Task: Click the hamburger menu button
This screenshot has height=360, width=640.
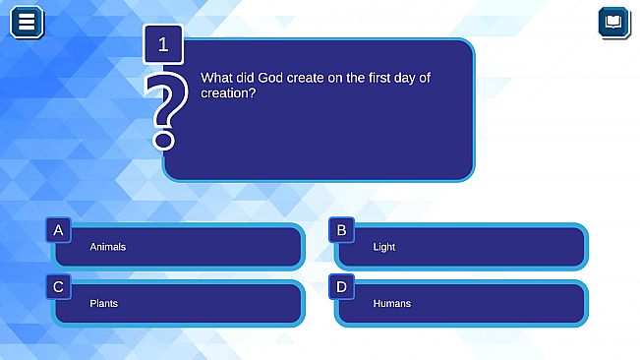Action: coord(27,21)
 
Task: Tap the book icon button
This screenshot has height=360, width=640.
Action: coord(613,22)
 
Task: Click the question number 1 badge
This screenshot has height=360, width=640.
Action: coord(163,44)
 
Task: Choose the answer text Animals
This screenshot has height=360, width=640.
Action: coord(107,247)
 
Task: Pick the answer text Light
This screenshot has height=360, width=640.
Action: coord(383,247)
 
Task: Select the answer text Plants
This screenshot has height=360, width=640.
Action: coord(103,303)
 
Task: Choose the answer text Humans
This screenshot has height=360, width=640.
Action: coord(391,303)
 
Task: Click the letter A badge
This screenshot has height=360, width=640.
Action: coord(59,230)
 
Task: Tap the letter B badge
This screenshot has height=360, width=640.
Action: coord(341,230)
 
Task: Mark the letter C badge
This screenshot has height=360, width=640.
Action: coord(59,286)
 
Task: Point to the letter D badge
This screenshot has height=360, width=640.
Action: coord(341,286)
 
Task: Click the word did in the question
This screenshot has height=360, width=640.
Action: coord(245,77)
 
